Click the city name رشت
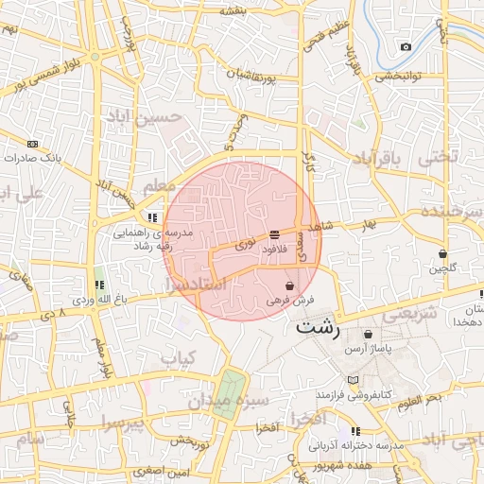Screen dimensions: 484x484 pyautogui.click(x=319, y=329)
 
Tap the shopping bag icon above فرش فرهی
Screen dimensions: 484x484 pyautogui.click(x=289, y=285)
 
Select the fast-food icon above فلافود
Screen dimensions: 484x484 pyautogui.click(x=274, y=233)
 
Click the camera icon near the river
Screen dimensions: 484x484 pyautogui.click(x=406, y=47)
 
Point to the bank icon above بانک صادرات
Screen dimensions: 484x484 pyautogui.click(x=33, y=144)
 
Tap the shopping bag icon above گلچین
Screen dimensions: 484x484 pyautogui.click(x=442, y=253)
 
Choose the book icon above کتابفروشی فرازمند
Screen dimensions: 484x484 pyautogui.click(x=354, y=379)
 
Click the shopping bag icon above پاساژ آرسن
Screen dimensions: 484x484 pyautogui.click(x=368, y=335)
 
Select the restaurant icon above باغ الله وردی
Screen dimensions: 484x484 pyautogui.click(x=99, y=285)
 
